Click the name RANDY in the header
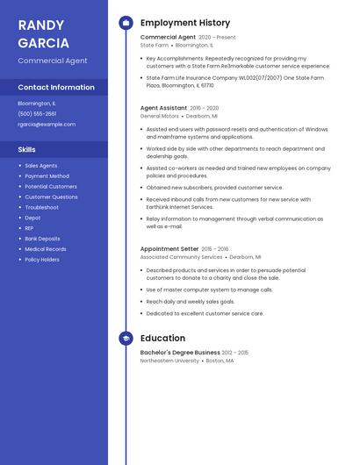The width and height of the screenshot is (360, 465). (40, 25)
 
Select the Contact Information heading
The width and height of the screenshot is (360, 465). (56, 88)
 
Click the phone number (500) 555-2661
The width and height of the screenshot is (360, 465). (37, 114)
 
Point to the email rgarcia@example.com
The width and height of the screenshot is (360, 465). (47, 125)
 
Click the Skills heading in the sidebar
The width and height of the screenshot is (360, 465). (27, 150)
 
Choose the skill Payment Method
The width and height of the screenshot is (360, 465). (47, 176)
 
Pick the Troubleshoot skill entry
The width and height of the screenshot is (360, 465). (42, 207)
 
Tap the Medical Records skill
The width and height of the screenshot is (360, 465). (46, 249)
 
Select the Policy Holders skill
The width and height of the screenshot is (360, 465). (42, 260)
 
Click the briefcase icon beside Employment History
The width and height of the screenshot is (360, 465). (126, 23)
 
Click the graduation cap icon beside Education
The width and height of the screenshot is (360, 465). (126, 338)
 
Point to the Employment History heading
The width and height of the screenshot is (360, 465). (185, 23)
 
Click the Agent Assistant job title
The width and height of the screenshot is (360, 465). (163, 108)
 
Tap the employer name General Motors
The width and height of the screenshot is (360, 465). (160, 116)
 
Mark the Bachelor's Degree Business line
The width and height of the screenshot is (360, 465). (180, 353)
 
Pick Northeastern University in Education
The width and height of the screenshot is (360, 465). (169, 361)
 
